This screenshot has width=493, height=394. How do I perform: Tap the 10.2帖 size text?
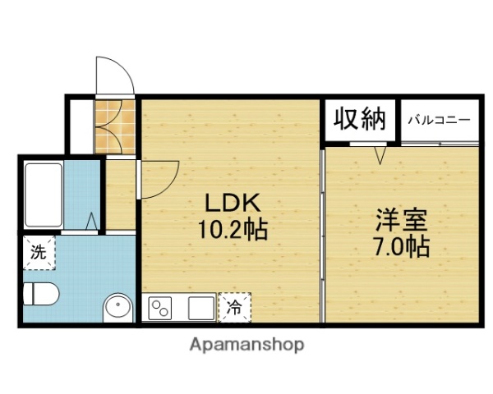[233, 229]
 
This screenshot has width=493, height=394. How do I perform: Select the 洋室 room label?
[403, 220]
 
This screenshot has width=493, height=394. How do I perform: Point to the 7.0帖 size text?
[402, 245]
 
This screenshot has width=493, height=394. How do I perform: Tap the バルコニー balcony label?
[440, 120]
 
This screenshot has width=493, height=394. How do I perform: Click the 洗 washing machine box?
[38, 253]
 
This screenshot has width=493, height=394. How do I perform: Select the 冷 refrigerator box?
[234, 308]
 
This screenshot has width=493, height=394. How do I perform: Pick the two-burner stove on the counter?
[159, 309]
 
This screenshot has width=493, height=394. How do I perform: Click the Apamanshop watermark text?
[247, 345]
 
